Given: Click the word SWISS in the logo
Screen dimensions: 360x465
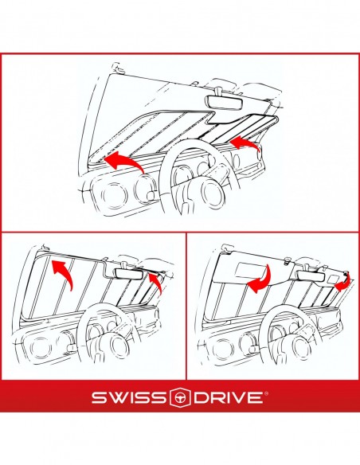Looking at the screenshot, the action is point(128,397).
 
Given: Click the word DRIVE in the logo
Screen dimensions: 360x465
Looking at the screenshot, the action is point(229,397).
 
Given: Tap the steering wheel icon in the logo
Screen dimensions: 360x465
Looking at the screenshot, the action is point(179,397).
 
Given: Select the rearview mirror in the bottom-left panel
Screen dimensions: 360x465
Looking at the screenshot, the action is point(128,273).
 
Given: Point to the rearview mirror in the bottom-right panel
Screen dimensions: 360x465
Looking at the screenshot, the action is point(311,276).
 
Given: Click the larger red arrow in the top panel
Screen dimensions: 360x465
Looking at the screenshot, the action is point(123,161).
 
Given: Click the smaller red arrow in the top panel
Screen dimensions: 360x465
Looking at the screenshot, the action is point(245,144).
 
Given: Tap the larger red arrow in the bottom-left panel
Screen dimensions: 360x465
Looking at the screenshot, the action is point(63,272).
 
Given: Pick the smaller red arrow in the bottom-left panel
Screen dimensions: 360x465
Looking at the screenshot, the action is point(156,283).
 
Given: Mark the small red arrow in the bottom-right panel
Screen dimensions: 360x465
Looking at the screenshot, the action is point(344,282).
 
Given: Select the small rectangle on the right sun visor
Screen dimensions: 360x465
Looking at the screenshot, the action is point(333,279).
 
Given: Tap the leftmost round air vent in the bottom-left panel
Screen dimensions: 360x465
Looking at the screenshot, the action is point(39,346).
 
